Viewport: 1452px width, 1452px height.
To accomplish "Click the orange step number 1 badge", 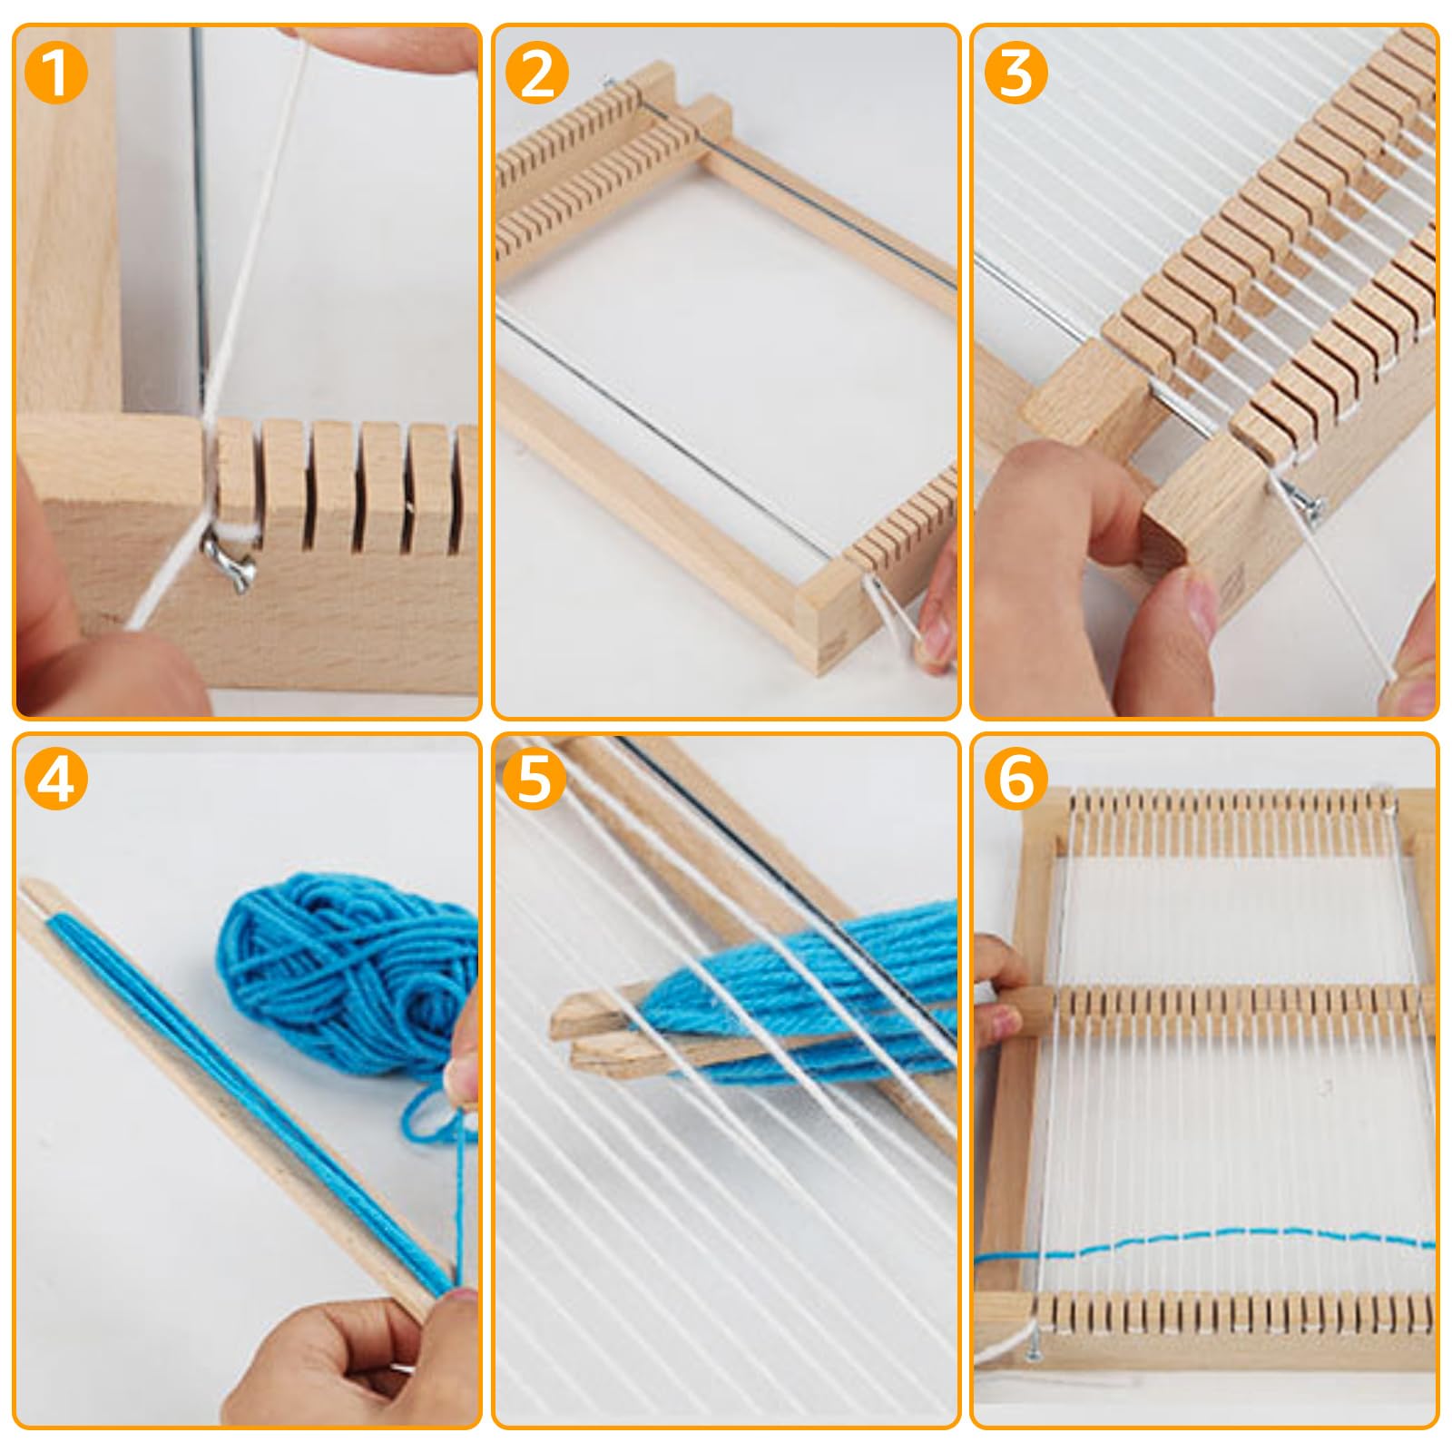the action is tap(56, 73).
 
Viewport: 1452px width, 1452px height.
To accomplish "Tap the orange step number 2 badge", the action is tap(537, 73).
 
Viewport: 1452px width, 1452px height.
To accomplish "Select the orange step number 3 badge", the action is tap(1016, 73).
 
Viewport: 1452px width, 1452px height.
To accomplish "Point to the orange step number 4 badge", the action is tap(56, 780).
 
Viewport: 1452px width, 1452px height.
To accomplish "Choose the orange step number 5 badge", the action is tap(535, 780).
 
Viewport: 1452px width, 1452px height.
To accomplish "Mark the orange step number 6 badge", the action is tap(1016, 780).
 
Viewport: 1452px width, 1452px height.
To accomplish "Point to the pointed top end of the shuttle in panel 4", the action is tap(27, 885).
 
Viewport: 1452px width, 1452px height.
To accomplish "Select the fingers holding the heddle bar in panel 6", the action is tap(998, 989).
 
